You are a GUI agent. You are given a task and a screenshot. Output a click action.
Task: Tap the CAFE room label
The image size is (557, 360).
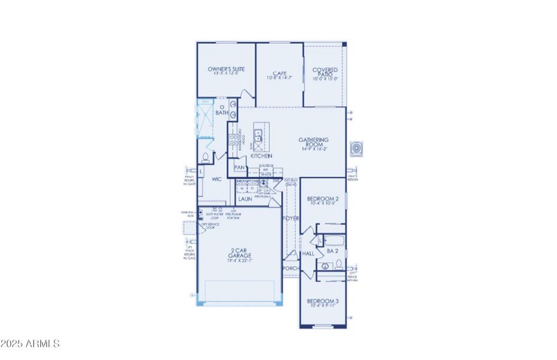tap(279, 73)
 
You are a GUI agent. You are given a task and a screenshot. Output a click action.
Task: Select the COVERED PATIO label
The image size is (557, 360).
tap(325, 73)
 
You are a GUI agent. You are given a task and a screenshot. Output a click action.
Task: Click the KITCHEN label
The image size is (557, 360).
tap(261, 156)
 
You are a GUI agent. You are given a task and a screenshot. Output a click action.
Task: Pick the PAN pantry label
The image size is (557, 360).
tap(239, 168)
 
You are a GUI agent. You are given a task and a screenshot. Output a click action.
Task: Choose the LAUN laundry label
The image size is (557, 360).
tap(245, 199)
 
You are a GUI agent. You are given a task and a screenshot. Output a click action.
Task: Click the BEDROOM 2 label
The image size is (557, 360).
tap(323, 198)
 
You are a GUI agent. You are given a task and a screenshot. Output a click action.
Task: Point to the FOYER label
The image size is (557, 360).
tap(291, 218)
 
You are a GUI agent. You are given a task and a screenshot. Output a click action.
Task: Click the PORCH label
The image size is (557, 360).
tap(291, 268)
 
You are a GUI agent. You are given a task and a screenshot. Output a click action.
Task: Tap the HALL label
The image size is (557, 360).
tap(309, 254)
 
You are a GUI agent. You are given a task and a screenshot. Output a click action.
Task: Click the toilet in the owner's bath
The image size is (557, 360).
tap(206, 158)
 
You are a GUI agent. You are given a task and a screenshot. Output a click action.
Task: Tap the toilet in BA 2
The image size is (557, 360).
tap(325, 265)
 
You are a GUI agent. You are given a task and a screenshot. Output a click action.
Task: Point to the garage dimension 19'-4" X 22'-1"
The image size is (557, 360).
tap(239, 260)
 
